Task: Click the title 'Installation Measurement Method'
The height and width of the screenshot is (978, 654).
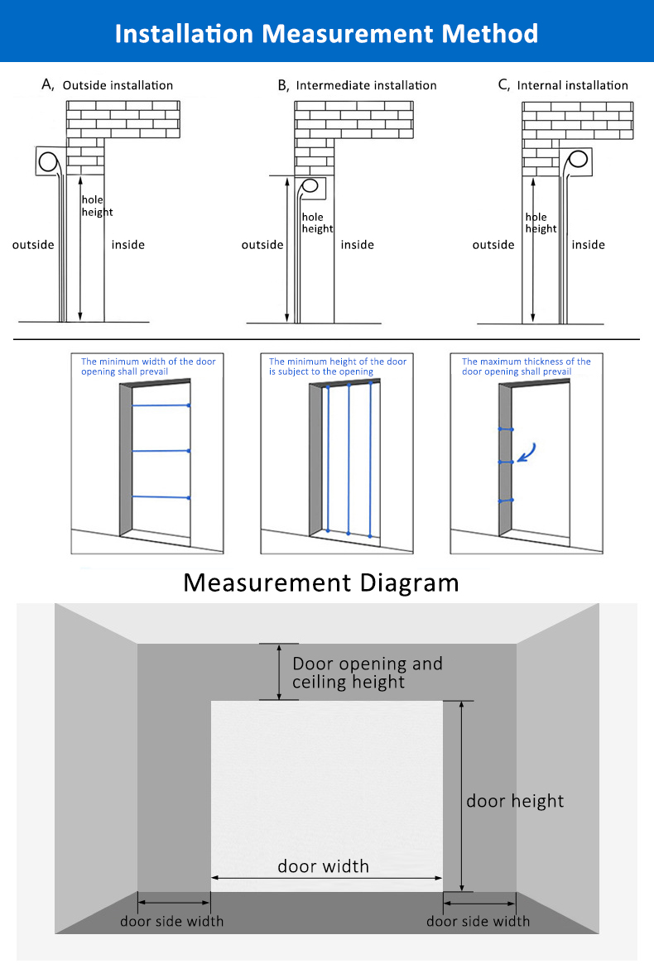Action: tap(326, 33)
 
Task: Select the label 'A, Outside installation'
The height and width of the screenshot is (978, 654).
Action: tap(108, 84)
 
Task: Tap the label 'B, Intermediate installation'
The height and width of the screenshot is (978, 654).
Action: tap(357, 84)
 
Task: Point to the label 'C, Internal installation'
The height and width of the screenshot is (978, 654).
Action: tap(563, 84)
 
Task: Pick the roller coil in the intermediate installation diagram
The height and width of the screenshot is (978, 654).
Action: tap(311, 188)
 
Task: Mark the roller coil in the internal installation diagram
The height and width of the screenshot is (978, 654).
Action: tap(579, 160)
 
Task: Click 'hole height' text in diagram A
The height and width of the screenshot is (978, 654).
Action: tap(97, 206)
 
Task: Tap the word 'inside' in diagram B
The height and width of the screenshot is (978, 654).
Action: tap(358, 245)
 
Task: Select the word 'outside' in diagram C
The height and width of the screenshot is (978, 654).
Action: tap(493, 245)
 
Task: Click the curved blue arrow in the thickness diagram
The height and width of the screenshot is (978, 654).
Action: tap(527, 452)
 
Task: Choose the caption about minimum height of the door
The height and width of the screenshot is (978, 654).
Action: tap(338, 367)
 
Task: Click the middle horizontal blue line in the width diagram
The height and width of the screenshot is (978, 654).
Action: tap(161, 451)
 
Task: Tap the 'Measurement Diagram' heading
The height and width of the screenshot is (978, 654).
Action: tap(321, 582)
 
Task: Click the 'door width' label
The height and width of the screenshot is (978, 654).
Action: tap(323, 866)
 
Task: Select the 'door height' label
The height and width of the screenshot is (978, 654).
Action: tap(515, 800)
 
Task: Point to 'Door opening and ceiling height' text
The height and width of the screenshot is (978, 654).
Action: tap(367, 673)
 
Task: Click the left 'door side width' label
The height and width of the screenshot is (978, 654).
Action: tap(171, 921)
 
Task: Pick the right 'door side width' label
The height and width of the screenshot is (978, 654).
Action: tap(478, 921)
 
